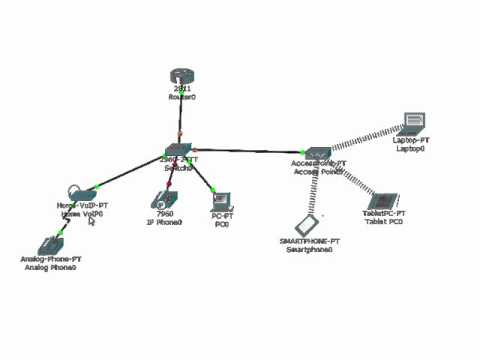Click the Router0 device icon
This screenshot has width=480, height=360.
pyautogui.click(x=181, y=76)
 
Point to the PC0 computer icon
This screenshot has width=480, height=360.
pyautogui.click(x=221, y=200)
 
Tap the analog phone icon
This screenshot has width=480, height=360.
pyautogui.click(x=49, y=244)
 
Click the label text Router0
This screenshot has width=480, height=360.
pyautogui.click(x=181, y=98)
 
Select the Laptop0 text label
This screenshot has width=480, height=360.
pyautogui.click(x=410, y=149)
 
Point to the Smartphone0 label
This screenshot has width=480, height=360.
pyautogui.click(x=309, y=250)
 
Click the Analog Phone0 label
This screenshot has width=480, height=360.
pyautogui.click(x=50, y=268)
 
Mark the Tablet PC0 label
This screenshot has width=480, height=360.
pyautogui.click(x=383, y=221)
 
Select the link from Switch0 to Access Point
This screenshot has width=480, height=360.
pyautogui.click(x=250, y=151)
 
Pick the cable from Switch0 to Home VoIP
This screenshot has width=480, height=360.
pyautogui.click(x=130, y=173)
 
